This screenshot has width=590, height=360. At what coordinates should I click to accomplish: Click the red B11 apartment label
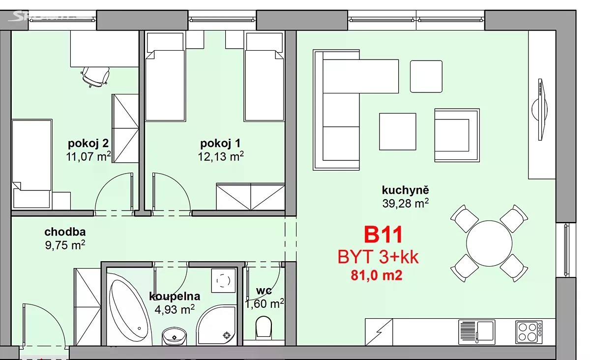tap(383, 235)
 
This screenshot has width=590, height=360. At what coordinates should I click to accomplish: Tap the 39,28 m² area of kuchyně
tap(405, 204)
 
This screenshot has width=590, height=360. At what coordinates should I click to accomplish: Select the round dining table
tap(489, 243)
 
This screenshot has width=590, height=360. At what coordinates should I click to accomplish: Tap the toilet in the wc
tap(264, 327)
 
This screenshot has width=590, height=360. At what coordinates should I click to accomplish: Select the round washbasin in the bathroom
tap(174, 336)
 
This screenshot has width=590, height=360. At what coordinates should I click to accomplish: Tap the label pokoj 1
tap(220, 144)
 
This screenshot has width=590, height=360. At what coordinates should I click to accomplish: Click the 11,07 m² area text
tap(88, 157)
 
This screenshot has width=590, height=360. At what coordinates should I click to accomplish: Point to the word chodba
tap(65, 232)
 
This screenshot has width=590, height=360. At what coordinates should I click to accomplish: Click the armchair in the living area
tap(457, 135)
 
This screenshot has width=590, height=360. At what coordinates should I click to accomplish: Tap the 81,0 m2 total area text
tap(377, 275)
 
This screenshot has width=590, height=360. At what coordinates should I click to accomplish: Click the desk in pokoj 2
tap(104, 49)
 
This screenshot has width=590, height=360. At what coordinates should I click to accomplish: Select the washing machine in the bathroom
tap(223, 280)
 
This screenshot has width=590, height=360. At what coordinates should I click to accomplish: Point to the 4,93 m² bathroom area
tap(175, 309)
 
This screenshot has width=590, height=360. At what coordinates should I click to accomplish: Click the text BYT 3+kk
tap(378, 257)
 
